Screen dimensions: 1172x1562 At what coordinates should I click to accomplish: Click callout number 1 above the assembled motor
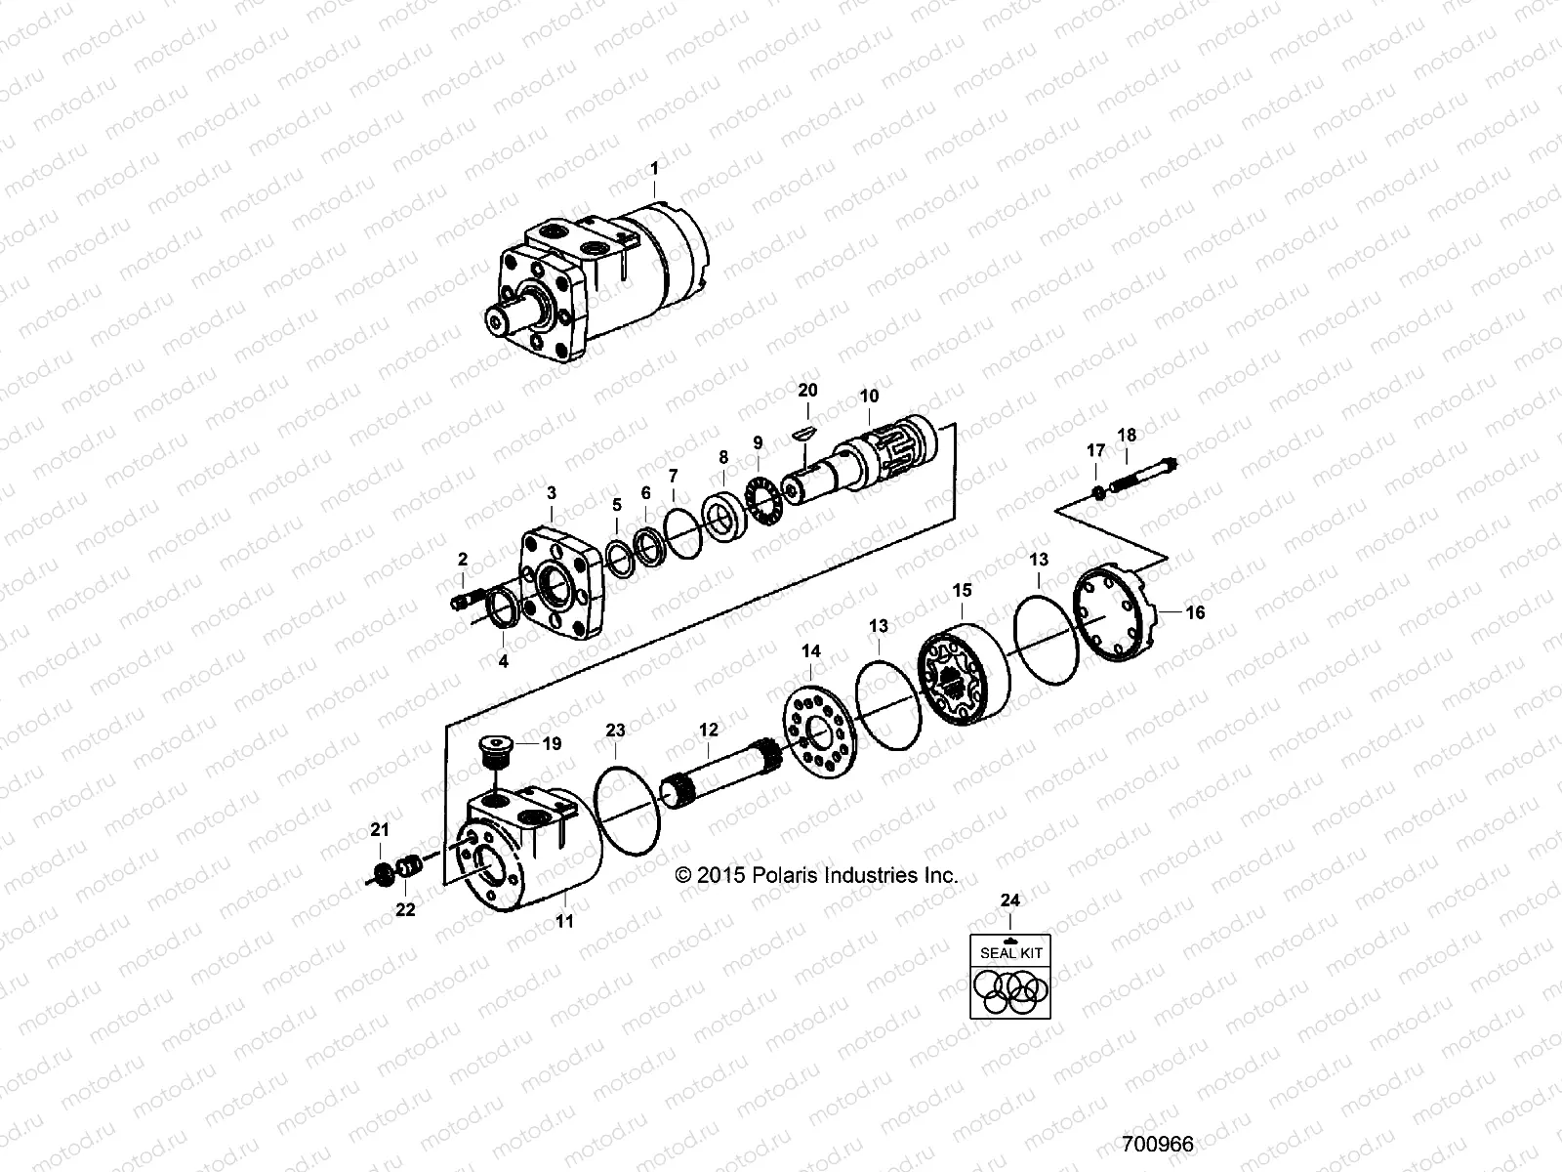[654, 169]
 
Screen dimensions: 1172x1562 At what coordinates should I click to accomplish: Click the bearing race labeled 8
[723, 515]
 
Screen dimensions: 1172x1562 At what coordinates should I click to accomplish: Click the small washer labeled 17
[1098, 491]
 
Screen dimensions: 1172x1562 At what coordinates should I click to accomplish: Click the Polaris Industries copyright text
[816, 876]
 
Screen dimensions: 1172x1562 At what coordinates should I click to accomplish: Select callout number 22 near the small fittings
[404, 909]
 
